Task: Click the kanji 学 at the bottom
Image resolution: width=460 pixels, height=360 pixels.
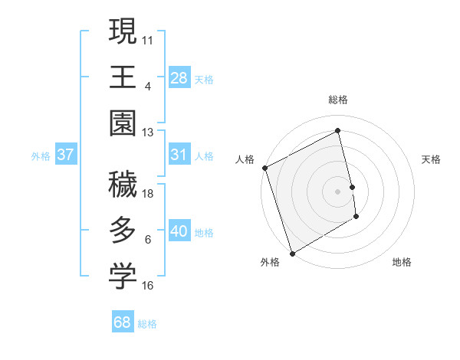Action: click(123, 276)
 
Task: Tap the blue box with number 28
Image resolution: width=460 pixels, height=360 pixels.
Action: click(179, 77)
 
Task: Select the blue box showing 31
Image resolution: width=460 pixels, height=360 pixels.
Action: click(179, 155)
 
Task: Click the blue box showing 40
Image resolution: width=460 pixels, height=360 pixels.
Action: click(179, 231)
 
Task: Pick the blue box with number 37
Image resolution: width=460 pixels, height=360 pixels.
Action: click(65, 155)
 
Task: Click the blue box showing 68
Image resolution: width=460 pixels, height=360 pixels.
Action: click(123, 322)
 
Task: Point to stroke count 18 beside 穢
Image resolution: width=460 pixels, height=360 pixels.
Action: click(148, 195)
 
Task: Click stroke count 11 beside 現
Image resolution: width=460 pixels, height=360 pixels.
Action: click(148, 40)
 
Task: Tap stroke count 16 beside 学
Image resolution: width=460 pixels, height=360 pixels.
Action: click(148, 286)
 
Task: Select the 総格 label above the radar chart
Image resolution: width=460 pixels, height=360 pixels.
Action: click(338, 100)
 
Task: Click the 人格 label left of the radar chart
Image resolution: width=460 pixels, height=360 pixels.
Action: click(245, 159)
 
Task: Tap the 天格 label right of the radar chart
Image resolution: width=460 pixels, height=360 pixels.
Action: click(432, 159)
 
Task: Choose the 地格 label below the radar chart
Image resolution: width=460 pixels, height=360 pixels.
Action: click(402, 262)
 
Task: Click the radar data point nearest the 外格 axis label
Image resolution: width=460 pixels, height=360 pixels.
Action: click(291, 253)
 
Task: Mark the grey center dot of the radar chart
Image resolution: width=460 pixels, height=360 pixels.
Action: click(338, 190)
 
